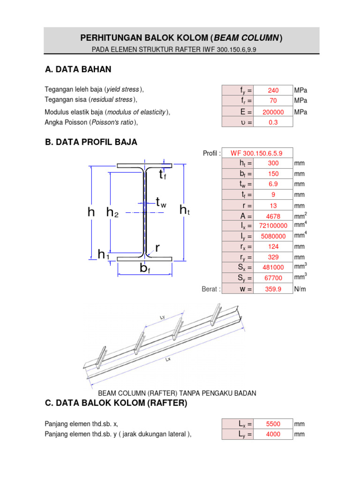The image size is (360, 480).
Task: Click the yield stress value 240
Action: (x=273, y=90)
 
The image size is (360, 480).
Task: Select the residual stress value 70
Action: (x=273, y=101)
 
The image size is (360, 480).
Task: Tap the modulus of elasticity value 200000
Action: (x=273, y=112)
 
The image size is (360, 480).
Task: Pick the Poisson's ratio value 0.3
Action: (x=273, y=122)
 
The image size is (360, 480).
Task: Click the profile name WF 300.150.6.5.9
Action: (x=257, y=153)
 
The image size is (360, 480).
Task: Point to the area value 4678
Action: (x=273, y=217)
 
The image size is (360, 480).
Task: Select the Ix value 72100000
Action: (x=273, y=226)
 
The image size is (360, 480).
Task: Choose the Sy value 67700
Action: (x=273, y=278)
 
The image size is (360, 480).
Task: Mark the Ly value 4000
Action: (x=273, y=435)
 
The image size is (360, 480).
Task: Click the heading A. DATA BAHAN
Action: (x=78, y=70)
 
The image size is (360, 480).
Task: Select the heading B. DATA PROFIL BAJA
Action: (x=91, y=142)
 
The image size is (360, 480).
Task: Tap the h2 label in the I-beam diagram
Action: (x=112, y=212)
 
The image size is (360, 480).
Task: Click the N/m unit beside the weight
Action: (x=300, y=289)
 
